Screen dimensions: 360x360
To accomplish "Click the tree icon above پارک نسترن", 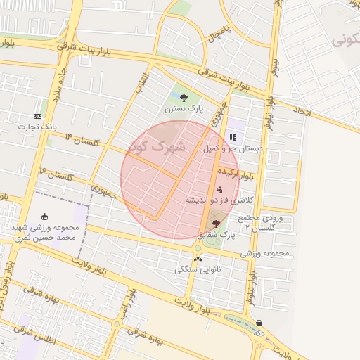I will tap(184, 98).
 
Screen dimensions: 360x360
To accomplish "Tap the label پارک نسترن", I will tap(184, 110).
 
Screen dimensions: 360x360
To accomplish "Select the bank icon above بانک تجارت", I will tap(37, 116).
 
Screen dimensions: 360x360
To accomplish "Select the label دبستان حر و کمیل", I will tap(232, 149).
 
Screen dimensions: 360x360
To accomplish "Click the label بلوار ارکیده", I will tap(234, 173).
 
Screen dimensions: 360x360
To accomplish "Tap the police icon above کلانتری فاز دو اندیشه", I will tap(220, 188).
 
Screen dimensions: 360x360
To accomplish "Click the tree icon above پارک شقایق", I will tap(215, 223).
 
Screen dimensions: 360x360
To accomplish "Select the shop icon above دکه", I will tap(259, 323).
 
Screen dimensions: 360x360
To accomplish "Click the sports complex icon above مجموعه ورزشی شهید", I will tap(46, 217).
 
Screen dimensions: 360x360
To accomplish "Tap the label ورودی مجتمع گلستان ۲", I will tap(259, 224).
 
